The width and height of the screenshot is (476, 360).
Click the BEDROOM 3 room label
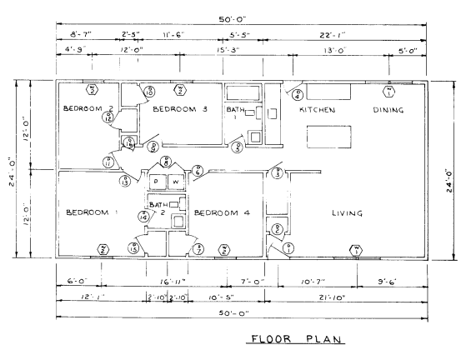tap(180, 110)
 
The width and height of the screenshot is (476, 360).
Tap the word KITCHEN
tap(317, 110)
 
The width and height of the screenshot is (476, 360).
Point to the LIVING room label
tap(346, 213)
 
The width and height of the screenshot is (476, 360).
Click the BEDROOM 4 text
tap(223, 213)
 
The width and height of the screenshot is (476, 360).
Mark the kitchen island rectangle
tap(326, 135)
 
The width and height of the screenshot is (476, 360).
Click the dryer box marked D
tap(156, 182)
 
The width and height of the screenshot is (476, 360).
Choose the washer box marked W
tap(176, 182)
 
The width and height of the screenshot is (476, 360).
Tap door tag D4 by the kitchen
tap(298, 95)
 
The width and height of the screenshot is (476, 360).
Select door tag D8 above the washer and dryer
tap(167, 162)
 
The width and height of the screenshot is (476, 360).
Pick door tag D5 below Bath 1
tap(238, 148)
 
